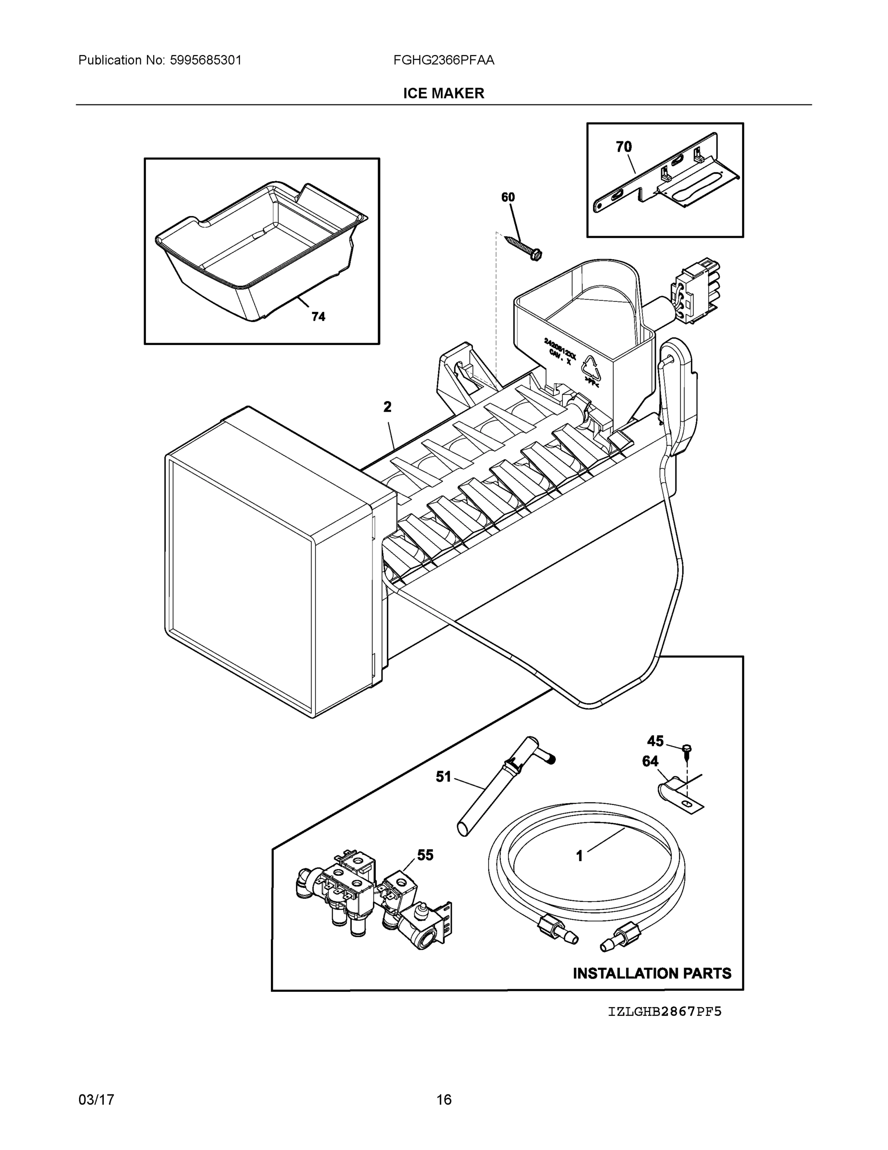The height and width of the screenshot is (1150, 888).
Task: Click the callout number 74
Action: [318, 316]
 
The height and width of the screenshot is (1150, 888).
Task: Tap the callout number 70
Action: [623, 147]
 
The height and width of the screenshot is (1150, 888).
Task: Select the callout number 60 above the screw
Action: [507, 197]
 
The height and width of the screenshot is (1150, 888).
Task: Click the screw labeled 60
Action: [523, 247]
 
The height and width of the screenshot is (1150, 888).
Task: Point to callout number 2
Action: [387, 407]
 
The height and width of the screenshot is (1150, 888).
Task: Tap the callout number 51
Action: [443, 777]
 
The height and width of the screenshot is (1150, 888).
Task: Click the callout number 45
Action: [655, 741]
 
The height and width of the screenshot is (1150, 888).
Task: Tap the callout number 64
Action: [650, 761]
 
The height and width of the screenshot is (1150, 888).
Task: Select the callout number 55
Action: [425, 856]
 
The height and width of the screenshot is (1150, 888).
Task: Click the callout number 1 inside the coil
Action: [579, 857]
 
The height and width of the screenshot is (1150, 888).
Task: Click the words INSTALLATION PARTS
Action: [652, 973]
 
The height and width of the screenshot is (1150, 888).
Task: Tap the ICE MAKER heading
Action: [443, 93]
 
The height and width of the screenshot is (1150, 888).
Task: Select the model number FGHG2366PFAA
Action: [443, 60]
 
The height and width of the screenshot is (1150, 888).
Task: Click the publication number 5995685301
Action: [205, 60]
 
